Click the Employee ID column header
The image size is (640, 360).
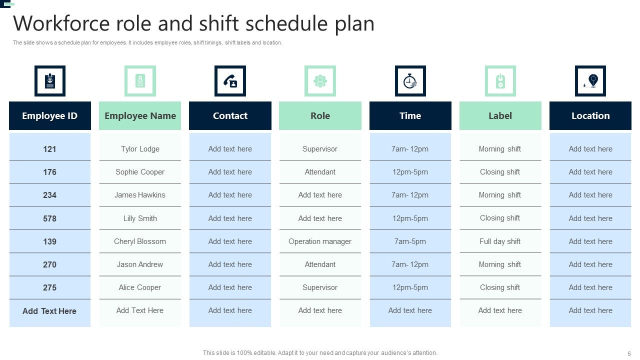49,116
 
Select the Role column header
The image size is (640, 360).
320,116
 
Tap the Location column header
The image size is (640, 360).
590,116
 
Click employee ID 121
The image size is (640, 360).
49,149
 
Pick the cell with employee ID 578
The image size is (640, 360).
49,218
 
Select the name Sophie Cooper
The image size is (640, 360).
140,172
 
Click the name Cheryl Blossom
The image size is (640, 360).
140,241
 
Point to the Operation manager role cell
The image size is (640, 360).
320,241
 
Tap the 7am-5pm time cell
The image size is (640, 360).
410,241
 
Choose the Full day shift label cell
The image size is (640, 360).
500,241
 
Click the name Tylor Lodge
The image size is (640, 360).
140,149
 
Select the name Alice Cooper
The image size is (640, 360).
140,287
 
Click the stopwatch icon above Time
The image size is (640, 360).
410,81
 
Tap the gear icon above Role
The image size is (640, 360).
320,81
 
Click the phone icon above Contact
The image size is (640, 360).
230,81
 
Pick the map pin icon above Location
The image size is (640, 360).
590,81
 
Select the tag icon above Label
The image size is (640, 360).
500,81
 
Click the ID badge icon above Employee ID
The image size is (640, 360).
49,81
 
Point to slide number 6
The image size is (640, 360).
629,353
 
